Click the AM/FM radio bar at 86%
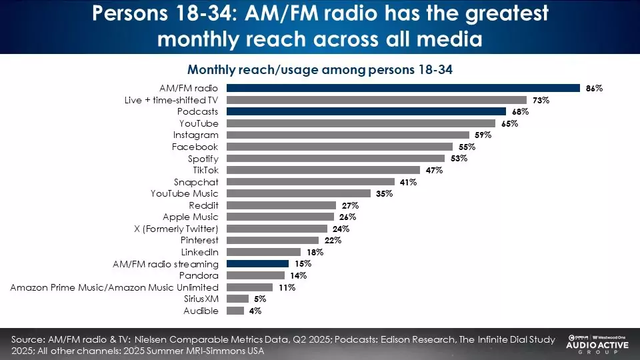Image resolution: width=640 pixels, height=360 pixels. (403, 88)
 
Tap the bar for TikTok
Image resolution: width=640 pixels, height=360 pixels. (323, 170)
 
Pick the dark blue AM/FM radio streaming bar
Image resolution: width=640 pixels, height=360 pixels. (258, 263)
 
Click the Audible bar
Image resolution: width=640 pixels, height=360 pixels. (235, 311)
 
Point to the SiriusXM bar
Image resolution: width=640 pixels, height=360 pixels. (237, 299)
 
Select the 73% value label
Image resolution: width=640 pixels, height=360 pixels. (541, 100)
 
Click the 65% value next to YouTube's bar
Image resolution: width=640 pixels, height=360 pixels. (509, 123)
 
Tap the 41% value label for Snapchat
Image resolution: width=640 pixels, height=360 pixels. (408, 182)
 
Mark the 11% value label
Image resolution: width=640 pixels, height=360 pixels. (287, 287)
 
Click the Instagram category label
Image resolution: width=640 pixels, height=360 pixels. (195, 135)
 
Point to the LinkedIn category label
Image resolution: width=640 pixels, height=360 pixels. (199, 252)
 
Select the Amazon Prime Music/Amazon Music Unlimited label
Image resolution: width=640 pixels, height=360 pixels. (114, 287)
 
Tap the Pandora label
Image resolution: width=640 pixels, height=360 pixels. (199, 275)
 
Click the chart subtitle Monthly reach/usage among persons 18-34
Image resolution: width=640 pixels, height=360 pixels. (320, 70)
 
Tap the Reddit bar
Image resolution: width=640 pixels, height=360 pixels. (281, 205)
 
